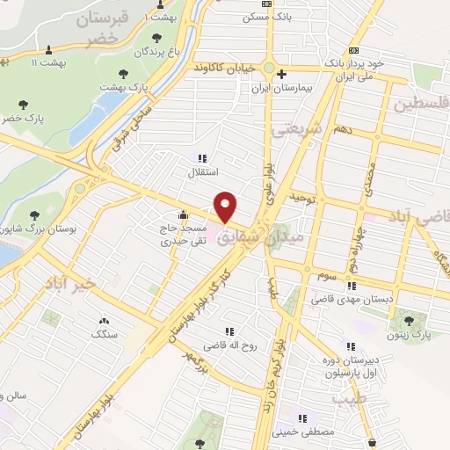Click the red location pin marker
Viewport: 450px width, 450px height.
coord(226,206)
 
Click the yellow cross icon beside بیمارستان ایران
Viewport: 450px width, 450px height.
coord(280,76)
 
